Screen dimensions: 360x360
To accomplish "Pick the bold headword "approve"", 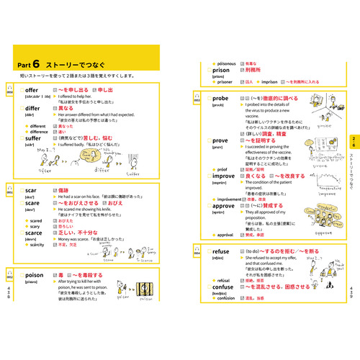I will click(x=225, y=204).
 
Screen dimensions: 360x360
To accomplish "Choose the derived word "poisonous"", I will click(x=228, y=63).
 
